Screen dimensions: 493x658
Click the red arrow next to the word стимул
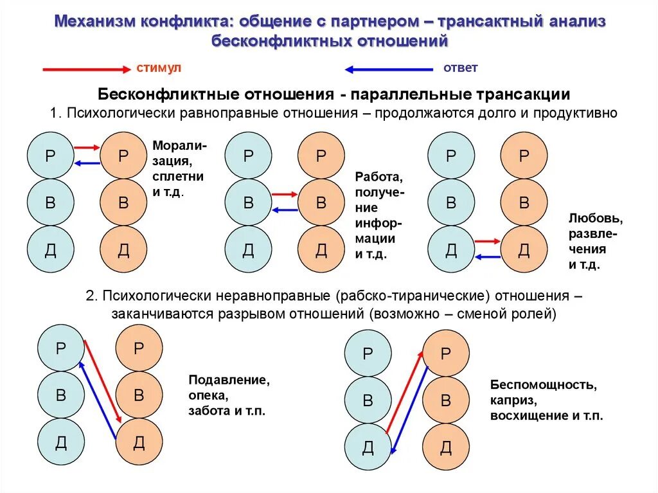coord(85,69)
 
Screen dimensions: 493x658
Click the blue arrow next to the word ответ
coord(389,69)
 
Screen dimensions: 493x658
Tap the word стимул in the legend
coord(159,67)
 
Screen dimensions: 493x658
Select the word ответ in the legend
coord(460,67)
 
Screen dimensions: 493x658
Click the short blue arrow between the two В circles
coord(285,210)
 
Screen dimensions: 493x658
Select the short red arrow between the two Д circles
coord(487,241)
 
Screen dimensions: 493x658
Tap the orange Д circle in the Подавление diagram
coord(139,442)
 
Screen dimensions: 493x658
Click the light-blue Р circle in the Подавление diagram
coord(61,348)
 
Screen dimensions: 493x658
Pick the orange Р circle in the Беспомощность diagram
coord(445,354)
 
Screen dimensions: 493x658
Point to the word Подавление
coord(228,380)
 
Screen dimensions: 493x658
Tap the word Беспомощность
coord(544,385)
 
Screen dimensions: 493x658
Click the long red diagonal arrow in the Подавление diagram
coord(102,381)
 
